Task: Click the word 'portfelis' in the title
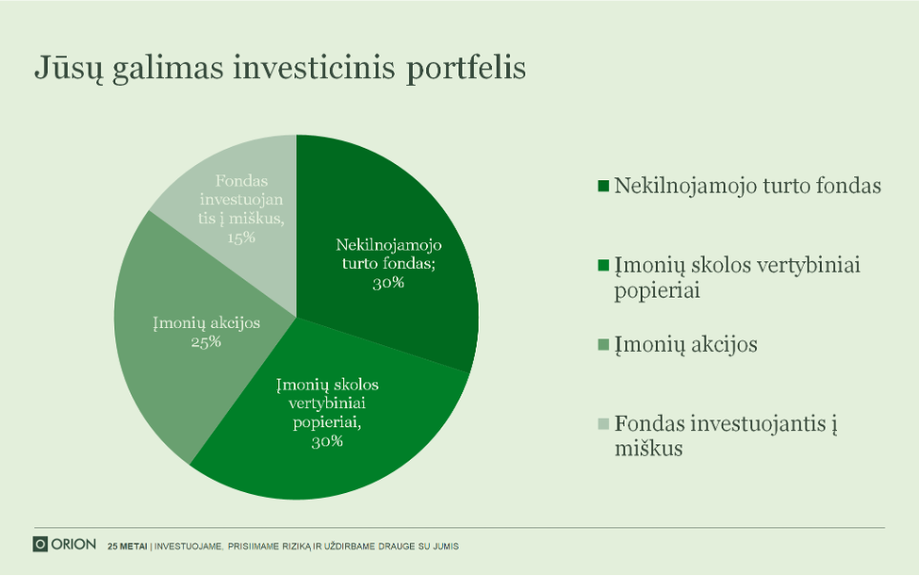click(x=466, y=68)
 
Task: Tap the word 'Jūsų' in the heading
click(x=69, y=68)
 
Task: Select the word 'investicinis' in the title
click(x=315, y=67)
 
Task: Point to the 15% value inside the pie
click(x=241, y=237)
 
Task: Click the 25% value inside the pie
click(x=206, y=342)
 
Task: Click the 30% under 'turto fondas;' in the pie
click(x=389, y=283)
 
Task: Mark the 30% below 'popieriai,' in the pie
click(x=327, y=442)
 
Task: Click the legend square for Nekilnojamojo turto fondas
click(x=603, y=186)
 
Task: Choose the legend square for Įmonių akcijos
click(x=603, y=344)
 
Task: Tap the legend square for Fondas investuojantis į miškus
click(x=603, y=423)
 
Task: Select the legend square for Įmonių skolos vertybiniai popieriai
click(x=603, y=265)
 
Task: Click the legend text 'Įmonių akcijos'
click(x=685, y=345)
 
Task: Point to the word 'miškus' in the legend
click(x=649, y=448)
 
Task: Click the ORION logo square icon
click(x=40, y=545)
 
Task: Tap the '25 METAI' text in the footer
click(x=127, y=546)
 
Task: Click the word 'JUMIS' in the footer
click(x=446, y=546)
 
